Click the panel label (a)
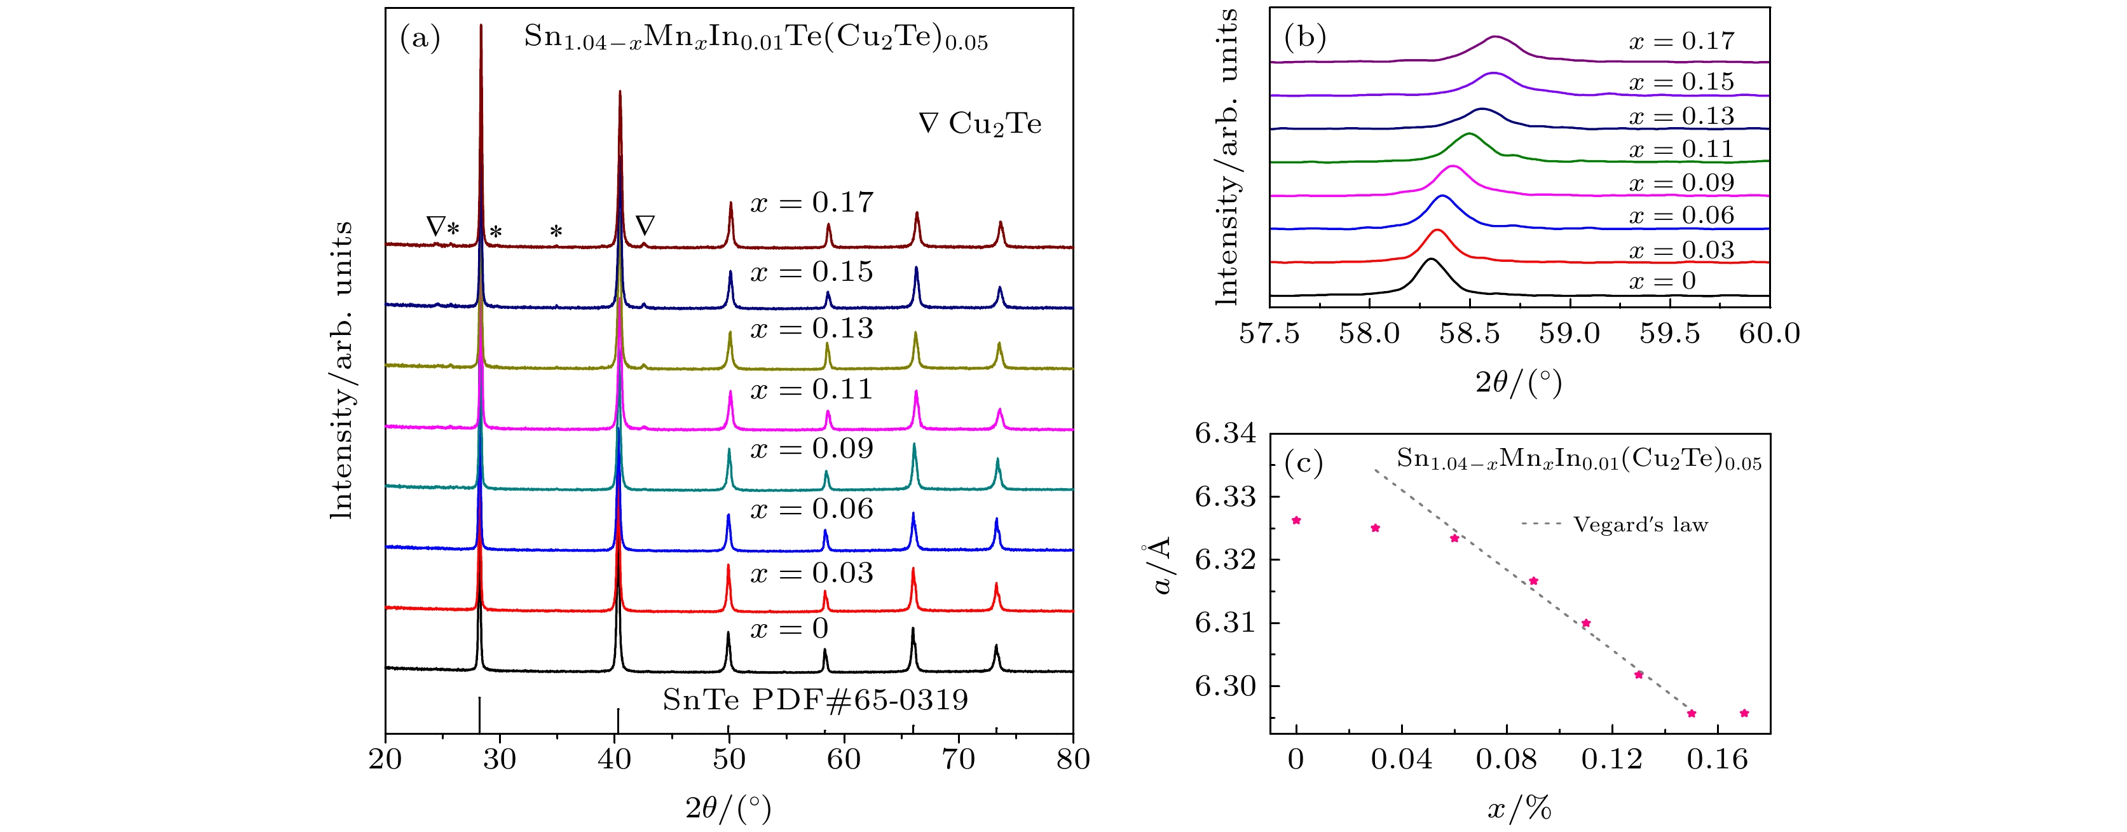[420, 38]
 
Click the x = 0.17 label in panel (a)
[811, 202]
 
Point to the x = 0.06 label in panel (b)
[1681, 215]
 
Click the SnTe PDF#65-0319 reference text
[815, 700]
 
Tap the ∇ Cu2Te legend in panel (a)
[980, 124]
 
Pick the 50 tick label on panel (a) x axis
[728, 760]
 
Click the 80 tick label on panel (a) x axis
[1072, 760]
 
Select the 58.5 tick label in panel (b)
[1469, 334]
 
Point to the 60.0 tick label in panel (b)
[1768, 334]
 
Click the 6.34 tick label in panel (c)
[1226, 433]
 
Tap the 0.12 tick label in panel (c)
[1611, 760]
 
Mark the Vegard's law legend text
[1640, 525]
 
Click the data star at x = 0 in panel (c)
[1296, 520]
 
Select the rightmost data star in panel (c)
[1744, 713]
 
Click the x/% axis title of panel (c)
[1519, 809]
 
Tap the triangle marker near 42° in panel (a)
[645, 224]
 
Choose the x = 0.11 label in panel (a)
[811, 389]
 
